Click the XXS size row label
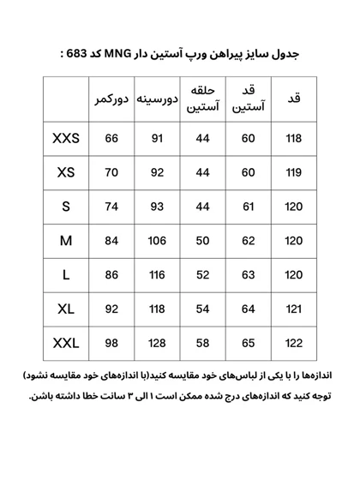point(66,139)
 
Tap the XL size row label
point(66,309)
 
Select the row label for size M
point(66,241)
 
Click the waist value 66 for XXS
point(111,139)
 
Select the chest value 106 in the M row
point(157,241)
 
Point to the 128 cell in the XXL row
point(157,344)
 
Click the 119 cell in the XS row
point(294,173)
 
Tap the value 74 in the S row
point(111,207)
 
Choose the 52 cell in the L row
point(203,275)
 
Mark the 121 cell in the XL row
point(294,309)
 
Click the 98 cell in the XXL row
point(111,344)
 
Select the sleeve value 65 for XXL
point(249,344)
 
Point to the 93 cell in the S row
point(157,207)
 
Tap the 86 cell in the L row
point(111,275)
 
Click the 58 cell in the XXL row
point(203,344)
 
